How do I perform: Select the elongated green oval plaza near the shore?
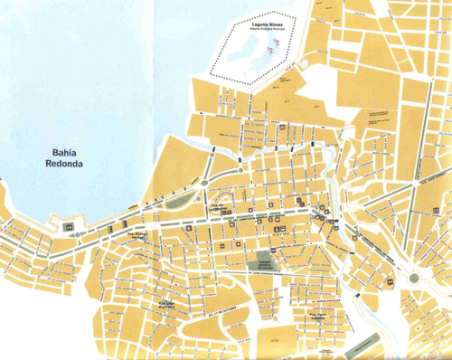(182, 200)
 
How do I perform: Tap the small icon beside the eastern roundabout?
(391, 281)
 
